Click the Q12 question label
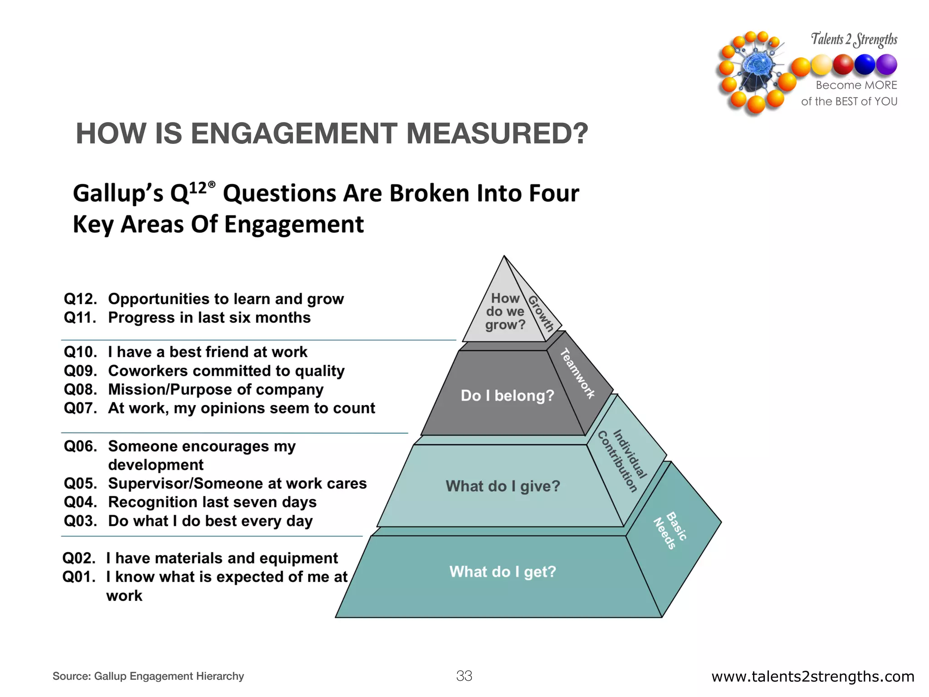point(80,299)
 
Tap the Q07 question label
point(80,408)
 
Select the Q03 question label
point(80,521)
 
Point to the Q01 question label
point(79,577)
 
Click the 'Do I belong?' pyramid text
point(507,396)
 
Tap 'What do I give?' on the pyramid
point(503,486)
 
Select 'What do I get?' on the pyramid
point(503,572)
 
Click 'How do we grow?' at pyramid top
point(505,312)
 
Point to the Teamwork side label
point(577,373)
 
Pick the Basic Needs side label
point(670,530)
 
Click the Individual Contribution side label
point(623,460)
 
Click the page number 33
point(464,676)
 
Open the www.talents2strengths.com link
point(812,677)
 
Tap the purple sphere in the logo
point(886,64)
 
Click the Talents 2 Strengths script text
point(854,40)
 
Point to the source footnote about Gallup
point(148,676)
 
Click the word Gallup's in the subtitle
point(118,194)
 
